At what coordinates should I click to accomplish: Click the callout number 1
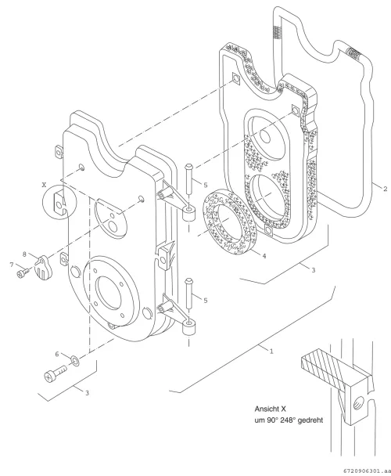point(271,352)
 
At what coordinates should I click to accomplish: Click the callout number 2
point(386,189)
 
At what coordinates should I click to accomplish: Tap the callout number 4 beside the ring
point(264,256)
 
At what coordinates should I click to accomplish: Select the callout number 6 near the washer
point(57,354)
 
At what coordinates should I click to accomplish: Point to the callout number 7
point(12,265)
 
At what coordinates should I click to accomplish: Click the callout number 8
point(24,254)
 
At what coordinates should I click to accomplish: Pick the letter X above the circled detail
point(45,184)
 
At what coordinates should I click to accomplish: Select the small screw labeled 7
point(23,272)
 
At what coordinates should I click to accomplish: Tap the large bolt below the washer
point(56,373)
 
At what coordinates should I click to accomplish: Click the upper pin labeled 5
point(188,180)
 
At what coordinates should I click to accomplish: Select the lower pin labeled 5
point(188,294)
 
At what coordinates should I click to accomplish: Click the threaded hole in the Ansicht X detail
point(358,403)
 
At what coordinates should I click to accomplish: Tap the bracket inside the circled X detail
point(59,203)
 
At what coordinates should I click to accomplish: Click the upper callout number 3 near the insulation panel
point(314,269)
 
